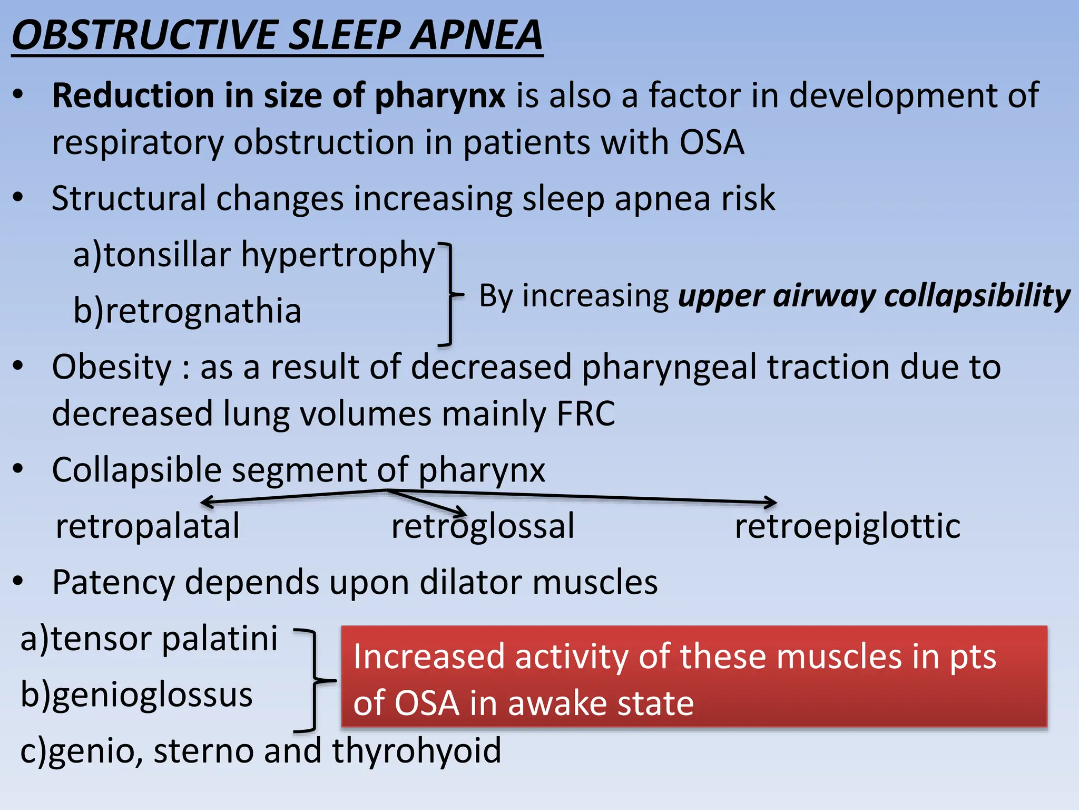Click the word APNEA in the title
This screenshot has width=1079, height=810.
point(476,35)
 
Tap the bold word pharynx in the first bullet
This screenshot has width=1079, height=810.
point(440,96)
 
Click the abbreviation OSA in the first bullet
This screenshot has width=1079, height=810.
point(711,142)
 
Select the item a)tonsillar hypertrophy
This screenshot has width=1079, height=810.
point(254,255)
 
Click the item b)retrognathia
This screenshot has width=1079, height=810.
point(187,311)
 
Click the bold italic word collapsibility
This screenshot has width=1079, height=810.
point(977,296)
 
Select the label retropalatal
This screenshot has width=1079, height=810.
point(148,526)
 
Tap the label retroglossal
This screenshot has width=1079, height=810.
point(483,526)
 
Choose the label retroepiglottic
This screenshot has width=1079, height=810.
point(847,526)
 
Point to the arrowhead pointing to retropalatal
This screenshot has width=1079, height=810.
point(207,503)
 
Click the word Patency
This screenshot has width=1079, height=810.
point(113,583)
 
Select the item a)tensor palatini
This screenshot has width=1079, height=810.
point(149,639)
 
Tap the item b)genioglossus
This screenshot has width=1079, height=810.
point(136,695)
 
